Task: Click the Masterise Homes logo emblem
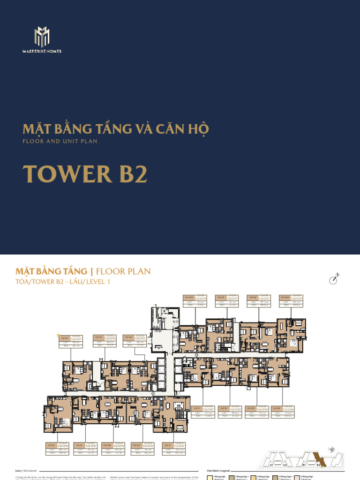42,37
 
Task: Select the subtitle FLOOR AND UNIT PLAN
60,141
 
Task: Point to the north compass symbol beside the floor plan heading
333,279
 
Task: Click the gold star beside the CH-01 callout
59,335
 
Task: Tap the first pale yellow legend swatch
210,477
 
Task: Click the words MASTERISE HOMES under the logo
42,51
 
